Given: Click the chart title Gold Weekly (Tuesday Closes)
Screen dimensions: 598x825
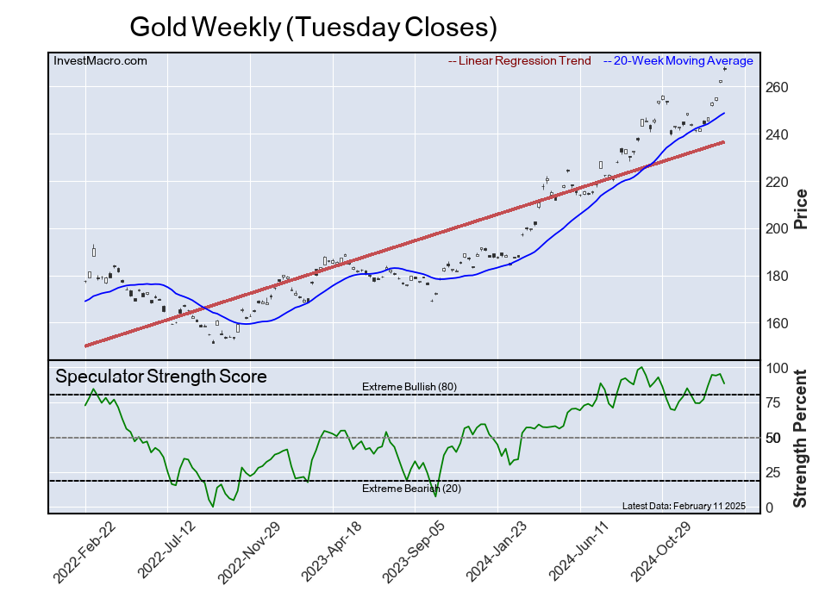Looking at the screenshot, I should coord(313,27).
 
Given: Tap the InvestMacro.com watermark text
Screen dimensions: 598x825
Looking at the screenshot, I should coord(100,60).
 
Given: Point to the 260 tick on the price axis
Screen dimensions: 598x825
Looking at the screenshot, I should coord(776,88).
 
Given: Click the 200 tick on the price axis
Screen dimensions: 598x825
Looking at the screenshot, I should coord(776,229).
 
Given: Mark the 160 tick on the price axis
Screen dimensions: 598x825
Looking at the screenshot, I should coord(776,324).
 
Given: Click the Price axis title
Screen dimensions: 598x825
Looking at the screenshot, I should coord(801,209).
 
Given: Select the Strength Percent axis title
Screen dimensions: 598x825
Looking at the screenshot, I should coord(801,438).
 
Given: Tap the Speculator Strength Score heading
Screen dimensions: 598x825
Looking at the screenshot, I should coord(161,377).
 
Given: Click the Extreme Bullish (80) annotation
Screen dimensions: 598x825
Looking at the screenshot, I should coord(409,387).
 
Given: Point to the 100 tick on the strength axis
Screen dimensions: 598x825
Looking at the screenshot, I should coord(776,369).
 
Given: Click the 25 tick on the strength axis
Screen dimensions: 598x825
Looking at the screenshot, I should coord(772,473).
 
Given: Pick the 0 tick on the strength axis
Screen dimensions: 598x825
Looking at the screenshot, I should coord(769,508).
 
